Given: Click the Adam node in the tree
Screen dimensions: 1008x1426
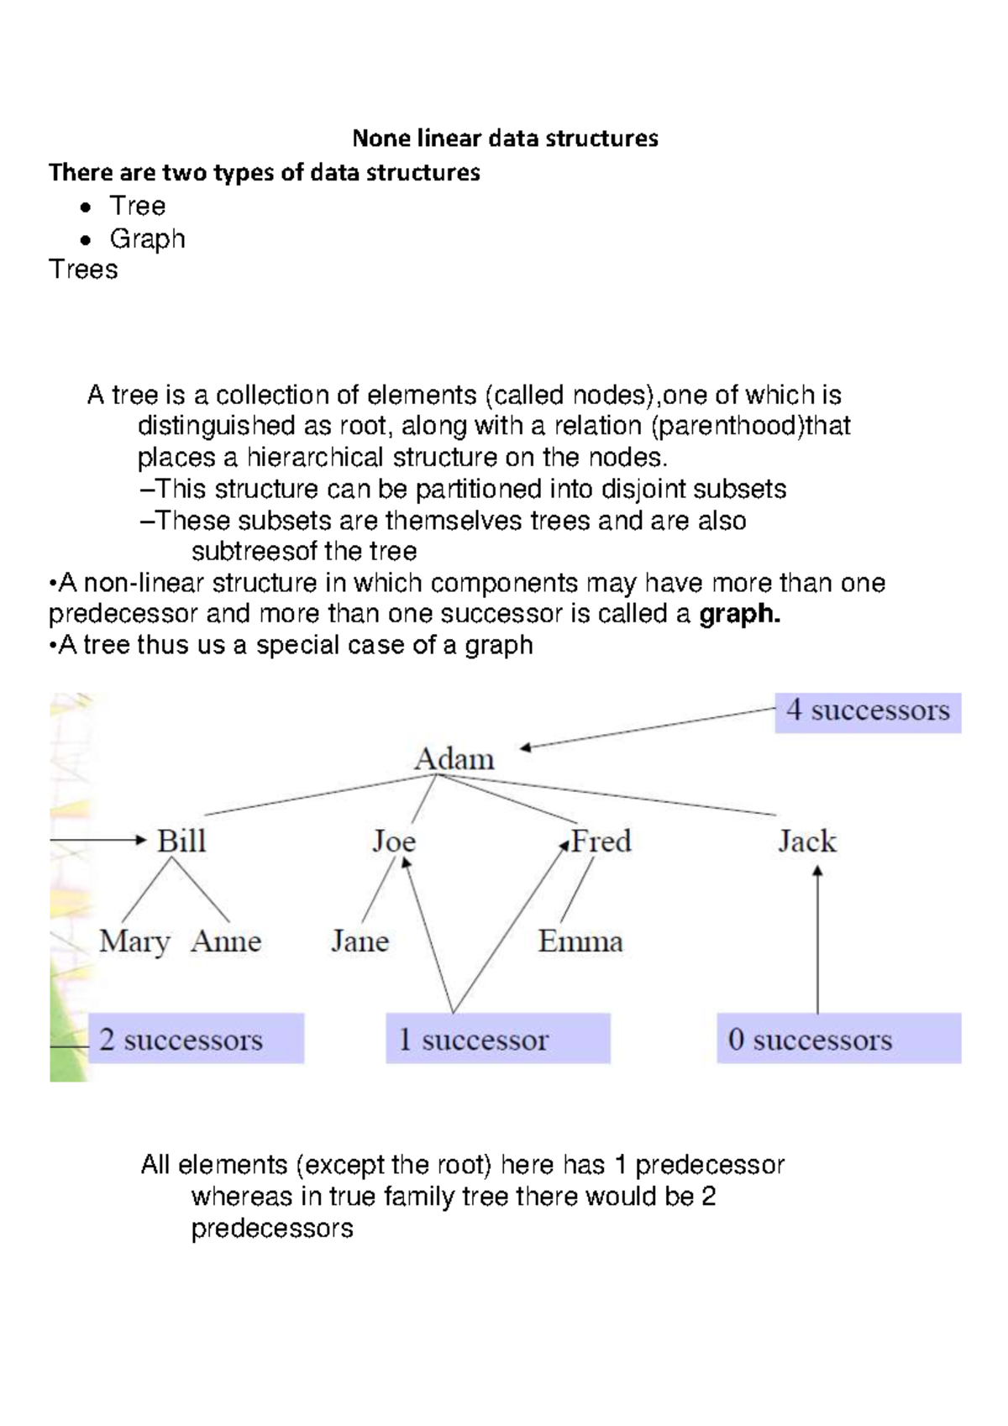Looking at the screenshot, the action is tap(454, 759).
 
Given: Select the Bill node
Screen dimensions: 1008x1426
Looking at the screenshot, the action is tap(181, 841).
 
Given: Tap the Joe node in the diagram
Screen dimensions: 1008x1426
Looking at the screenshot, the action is tap(394, 841).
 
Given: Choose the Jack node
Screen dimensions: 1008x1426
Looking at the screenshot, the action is tap(807, 841).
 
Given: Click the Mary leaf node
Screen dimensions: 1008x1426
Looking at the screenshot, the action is tap(134, 941).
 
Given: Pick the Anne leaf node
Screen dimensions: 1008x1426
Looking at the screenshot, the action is tap(226, 941).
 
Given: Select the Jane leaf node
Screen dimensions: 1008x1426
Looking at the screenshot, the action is tap(360, 941).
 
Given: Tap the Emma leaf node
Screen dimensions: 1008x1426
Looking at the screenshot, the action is tap(580, 941).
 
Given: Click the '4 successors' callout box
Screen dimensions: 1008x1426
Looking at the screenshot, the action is tap(868, 711).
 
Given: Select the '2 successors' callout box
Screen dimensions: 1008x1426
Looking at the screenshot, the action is tap(196, 1039).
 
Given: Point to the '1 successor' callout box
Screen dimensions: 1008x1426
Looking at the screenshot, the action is tap(497, 1039).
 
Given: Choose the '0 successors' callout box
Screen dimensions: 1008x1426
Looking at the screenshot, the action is tap(838, 1039).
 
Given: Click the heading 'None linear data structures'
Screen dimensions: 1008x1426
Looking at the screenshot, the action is tap(505, 138).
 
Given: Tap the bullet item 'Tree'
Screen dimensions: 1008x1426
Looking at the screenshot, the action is tap(138, 206).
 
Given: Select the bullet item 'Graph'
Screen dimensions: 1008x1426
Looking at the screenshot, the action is tap(147, 239).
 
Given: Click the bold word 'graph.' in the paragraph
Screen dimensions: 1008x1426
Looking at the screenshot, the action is tap(739, 614).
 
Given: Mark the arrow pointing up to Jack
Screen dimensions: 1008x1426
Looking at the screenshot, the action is tap(817, 941).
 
